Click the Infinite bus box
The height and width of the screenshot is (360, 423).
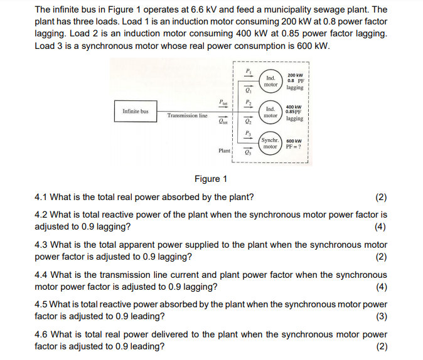coord(136,111)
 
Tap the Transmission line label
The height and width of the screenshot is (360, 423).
coord(187,116)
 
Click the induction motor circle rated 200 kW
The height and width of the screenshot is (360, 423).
coord(270,81)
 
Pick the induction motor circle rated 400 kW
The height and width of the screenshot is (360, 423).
coord(270,112)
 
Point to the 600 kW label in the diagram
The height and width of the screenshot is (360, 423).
coord(294,140)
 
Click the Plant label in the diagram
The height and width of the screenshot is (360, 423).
coord(224,151)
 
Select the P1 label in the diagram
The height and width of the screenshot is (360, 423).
coord(248,71)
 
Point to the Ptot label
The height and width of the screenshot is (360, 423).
coord(223,102)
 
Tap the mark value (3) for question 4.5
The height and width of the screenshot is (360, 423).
coord(381,316)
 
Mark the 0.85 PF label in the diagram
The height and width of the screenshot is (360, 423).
coord(294,112)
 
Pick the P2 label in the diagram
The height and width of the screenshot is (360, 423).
coord(248,102)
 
